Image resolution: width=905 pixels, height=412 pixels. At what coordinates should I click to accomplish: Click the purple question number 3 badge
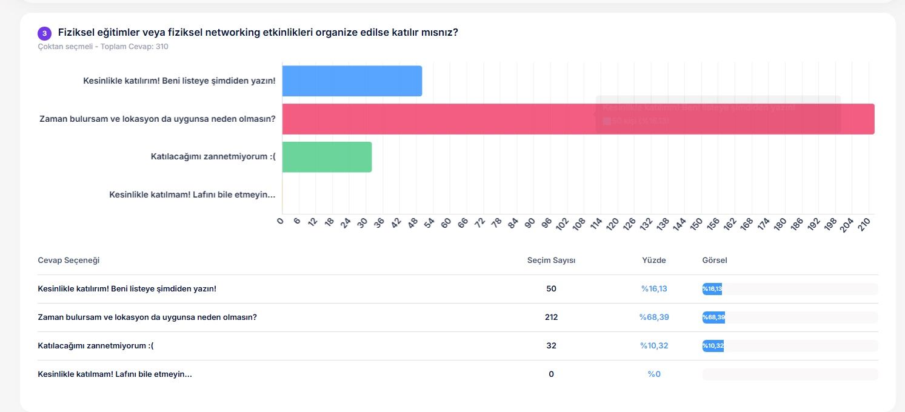pyautogui.click(x=44, y=33)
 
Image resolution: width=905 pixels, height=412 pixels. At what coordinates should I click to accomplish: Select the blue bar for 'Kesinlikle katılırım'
pyautogui.click(x=352, y=81)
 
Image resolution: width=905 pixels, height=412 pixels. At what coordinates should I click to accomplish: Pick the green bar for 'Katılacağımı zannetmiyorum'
pyautogui.click(x=327, y=157)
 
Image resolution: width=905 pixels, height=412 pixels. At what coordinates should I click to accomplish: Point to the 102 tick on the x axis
pyautogui.click(x=562, y=224)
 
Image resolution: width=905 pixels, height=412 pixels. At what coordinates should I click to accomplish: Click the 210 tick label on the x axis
pyautogui.click(x=865, y=223)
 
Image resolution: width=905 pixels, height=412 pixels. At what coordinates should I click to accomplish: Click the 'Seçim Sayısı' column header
pyautogui.click(x=551, y=261)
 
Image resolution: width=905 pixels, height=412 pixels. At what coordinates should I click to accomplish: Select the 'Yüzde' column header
pyautogui.click(x=653, y=261)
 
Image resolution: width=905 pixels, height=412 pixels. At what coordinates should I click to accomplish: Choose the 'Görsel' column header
pyautogui.click(x=714, y=261)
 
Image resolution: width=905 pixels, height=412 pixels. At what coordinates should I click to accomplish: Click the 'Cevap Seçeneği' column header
pyautogui.click(x=68, y=261)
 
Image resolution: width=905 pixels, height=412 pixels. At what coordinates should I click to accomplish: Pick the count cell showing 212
pyautogui.click(x=551, y=317)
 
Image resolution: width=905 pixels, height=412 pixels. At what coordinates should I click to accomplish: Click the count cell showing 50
pyautogui.click(x=551, y=289)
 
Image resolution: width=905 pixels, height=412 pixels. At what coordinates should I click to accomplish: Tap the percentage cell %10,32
pyautogui.click(x=654, y=346)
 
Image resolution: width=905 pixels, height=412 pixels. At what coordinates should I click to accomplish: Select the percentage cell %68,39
pyautogui.click(x=654, y=317)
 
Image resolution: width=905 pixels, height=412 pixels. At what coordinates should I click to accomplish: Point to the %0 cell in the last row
pyautogui.click(x=654, y=374)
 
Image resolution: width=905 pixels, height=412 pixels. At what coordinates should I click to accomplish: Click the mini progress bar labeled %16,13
pyautogui.click(x=712, y=289)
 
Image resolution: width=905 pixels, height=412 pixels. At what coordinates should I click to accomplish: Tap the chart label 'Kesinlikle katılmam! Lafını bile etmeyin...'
pyautogui.click(x=192, y=194)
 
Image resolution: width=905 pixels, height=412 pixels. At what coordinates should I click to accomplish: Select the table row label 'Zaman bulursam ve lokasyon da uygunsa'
pyautogui.click(x=147, y=317)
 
